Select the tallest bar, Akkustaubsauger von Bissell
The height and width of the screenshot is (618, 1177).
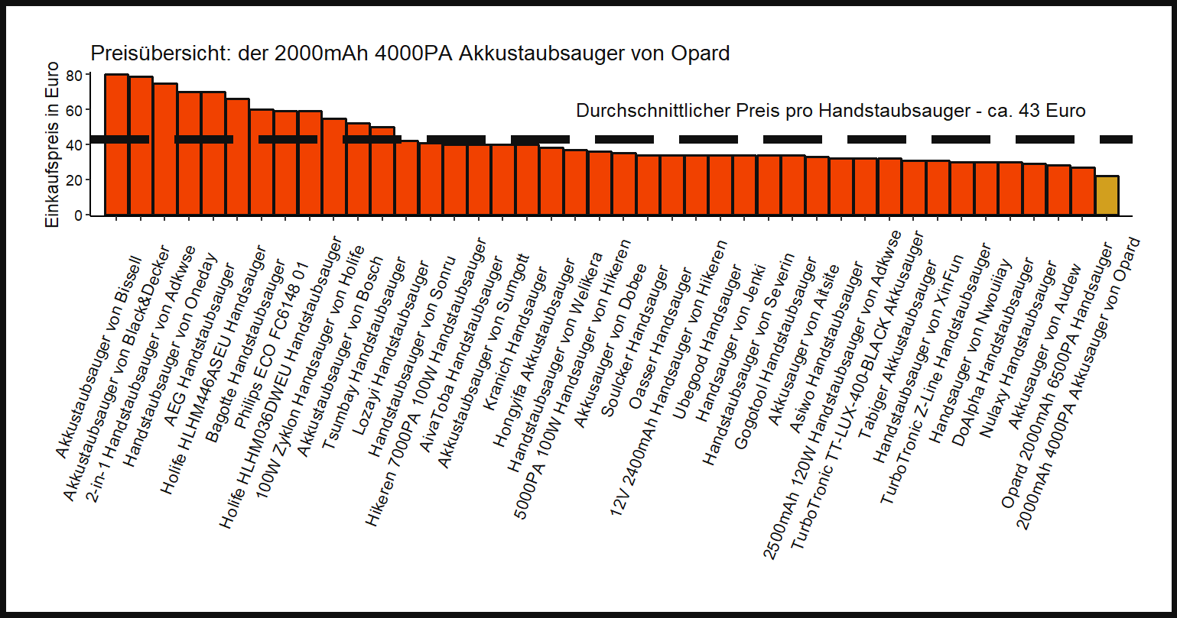[x=116, y=145]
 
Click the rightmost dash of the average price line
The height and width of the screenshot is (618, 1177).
[x=1115, y=139]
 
